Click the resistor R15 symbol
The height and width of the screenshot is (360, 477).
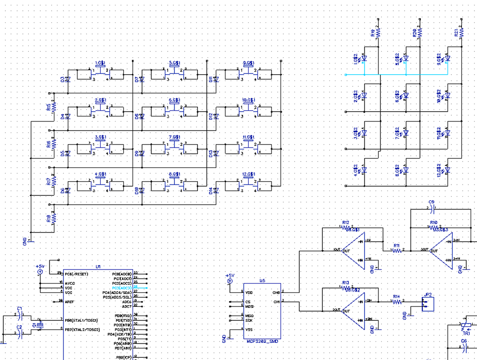click(x=53, y=106)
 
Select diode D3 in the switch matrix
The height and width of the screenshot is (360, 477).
click(x=68, y=79)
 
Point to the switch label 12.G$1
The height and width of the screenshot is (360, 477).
click(x=248, y=174)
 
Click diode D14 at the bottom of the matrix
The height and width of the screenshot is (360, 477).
click(x=216, y=190)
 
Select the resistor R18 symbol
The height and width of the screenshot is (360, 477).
click(x=53, y=218)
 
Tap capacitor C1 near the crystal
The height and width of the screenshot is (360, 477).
click(x=20, y=315)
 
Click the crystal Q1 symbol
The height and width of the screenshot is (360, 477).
click(x=40, y=325)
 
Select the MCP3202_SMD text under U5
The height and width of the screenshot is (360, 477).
click(x=262, y=342)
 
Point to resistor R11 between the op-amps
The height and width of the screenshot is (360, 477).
click(x=397, y=251)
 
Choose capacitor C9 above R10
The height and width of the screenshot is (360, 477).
click(x=432, y=209)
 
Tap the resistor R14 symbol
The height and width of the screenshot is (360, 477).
click(x=397, y=302)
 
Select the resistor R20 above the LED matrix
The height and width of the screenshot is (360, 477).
click(x=420, y=33)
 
